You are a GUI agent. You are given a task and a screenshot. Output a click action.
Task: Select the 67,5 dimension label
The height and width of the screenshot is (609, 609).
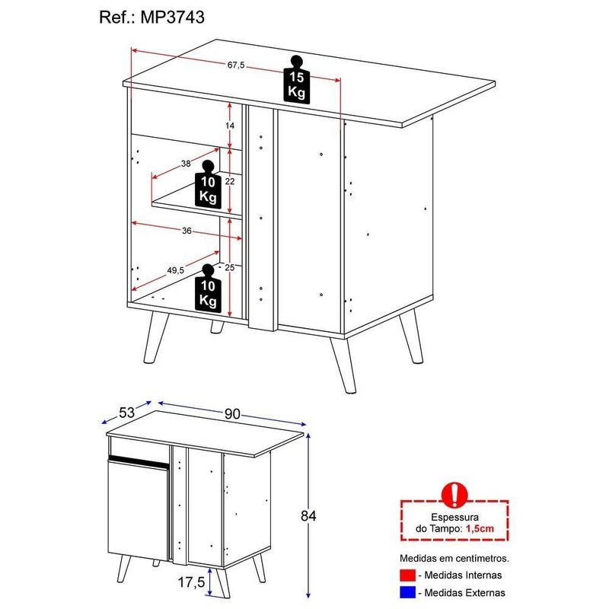tap(235, 65)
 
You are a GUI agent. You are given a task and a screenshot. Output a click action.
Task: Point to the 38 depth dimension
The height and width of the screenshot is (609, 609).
tap(185, 163)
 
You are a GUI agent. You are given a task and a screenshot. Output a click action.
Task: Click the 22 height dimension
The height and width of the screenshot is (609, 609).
tap(228, 181)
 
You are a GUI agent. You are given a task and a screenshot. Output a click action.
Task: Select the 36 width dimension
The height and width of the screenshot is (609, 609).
tap(187, 231)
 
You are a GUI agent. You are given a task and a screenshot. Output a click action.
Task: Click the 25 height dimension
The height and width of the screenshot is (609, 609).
tap(230, 267)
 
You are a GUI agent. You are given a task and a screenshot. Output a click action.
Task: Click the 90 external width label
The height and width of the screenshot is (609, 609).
tap(232, 414)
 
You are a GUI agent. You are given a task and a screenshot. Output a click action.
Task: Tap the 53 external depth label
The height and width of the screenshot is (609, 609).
tap(126, 412)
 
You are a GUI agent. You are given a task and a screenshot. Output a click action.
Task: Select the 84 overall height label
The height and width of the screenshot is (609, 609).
tap(308, 515)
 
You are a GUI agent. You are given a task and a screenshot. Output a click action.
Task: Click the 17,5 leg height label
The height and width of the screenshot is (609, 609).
tap(191, 582)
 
